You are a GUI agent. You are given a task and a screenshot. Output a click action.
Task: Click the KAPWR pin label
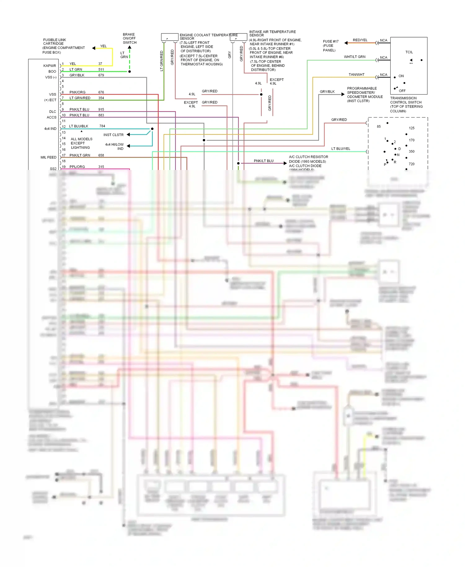click(x=50, y=66)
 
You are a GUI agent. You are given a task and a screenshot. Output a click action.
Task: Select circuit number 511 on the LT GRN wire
click(x=101, y=69)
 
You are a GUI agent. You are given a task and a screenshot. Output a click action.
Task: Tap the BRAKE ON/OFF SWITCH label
click(x=129, y=38)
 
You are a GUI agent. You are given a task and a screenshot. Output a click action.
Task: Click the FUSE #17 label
click(x=330, y=42)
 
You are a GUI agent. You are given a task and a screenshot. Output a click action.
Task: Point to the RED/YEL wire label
click(x=360, y=40)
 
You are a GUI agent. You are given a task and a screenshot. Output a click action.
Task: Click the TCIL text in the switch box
click(x=409, y=52)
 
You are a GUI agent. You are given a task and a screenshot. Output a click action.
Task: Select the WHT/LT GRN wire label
click(x=354, y=57)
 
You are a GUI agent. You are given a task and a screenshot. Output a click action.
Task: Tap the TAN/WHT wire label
click(x=356, y=74)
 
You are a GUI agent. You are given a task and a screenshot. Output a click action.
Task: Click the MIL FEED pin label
click(x=48, y=157)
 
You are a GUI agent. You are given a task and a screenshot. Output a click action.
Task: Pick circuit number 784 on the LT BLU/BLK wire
click(x=102, y=126)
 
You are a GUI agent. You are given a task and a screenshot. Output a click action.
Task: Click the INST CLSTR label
click(x=113, y=135)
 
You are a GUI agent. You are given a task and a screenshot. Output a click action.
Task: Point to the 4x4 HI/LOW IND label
click(x=114, y=146)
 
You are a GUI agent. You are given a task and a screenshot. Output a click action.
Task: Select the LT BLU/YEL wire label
click(x=341, y=149)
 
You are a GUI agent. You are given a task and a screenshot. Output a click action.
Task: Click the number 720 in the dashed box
click(x=411, y=164)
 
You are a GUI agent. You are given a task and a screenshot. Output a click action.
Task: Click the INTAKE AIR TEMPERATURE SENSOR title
click(x=272, y=33)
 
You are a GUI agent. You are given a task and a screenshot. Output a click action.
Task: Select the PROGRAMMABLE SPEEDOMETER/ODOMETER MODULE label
click(x=365, y=95)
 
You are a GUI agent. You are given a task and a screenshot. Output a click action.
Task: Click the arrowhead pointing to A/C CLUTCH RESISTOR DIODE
click(x=285, y=163)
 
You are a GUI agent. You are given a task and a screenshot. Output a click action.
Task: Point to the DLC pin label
click(x=52, y=112)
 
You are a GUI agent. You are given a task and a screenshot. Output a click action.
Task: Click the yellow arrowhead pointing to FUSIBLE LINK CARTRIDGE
click(x=94, y=48)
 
